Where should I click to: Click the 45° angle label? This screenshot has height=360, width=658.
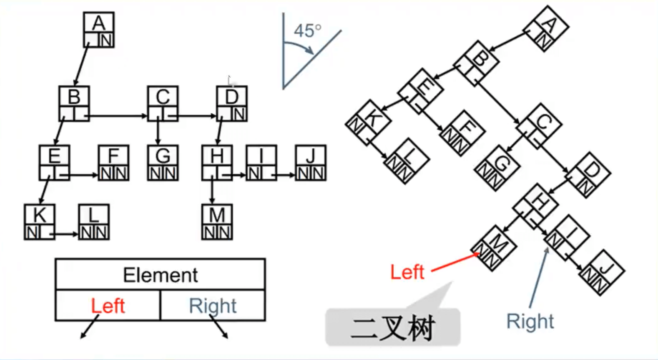307,31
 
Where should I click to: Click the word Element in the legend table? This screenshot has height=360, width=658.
160,275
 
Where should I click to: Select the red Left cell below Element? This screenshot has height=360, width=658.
108,306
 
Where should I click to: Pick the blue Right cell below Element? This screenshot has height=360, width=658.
212,306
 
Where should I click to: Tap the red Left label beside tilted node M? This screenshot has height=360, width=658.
407,272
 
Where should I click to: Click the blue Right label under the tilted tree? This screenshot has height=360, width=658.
530,321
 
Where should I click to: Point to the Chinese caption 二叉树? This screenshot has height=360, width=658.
393,327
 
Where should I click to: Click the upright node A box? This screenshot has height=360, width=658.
99,30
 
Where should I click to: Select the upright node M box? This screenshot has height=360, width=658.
217,222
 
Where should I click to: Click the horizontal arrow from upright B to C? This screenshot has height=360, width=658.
118,116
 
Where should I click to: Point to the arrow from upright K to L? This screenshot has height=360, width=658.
66,234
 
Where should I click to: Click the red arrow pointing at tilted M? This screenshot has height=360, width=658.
455,262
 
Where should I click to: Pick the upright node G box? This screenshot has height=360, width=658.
163,163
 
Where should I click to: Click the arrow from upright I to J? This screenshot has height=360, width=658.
286,175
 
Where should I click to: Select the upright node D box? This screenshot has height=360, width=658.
232,104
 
